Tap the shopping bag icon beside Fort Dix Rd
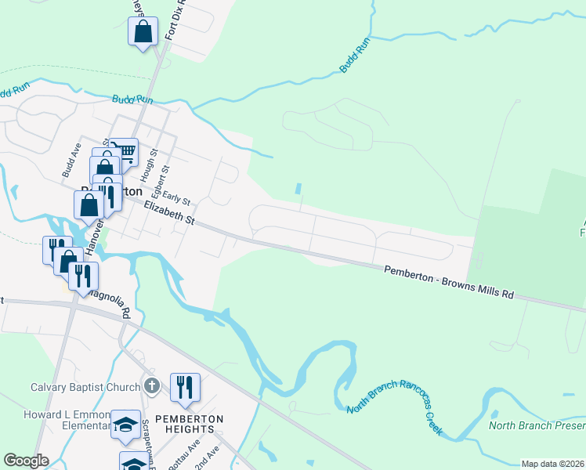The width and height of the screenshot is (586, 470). pyautogui.click(x=143, y=32)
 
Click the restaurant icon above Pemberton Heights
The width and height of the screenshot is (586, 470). pyautogui.click(x=186, y=387)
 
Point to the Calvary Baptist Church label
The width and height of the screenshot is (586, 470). pyautogui.click(x=85, y=386)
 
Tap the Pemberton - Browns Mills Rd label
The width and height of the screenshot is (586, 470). pyautogui.click(x=449, y=282)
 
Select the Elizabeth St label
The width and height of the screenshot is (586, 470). pyautogui.click(x=168, y=211)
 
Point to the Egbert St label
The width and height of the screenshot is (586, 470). pyautogui.click(x=165, y=179)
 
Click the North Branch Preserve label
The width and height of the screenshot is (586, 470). pyautogui.click(x=537, y=425)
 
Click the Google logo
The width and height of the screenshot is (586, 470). pyautogui.click(x=26, y=461)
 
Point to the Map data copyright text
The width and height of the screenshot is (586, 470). pyautogui.click(x=552, y=464)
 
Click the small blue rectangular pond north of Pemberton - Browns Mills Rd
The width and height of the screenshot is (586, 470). pyautogui.click(x=298, y=190)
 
